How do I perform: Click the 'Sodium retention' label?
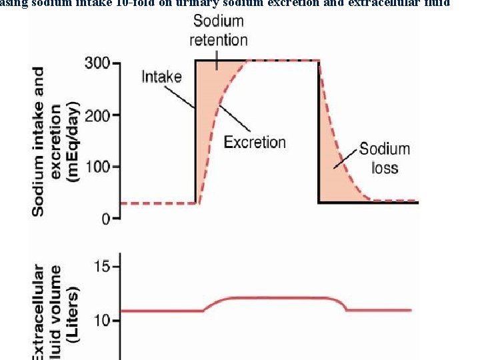pyautogui.click(x=218, y=31)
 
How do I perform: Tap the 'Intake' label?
pyautogui.click(x=161, y=77)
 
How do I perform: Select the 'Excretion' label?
pyautogui.click(x=255, y=142)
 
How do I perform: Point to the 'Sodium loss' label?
pyautogui.click(x=385, y=157)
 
